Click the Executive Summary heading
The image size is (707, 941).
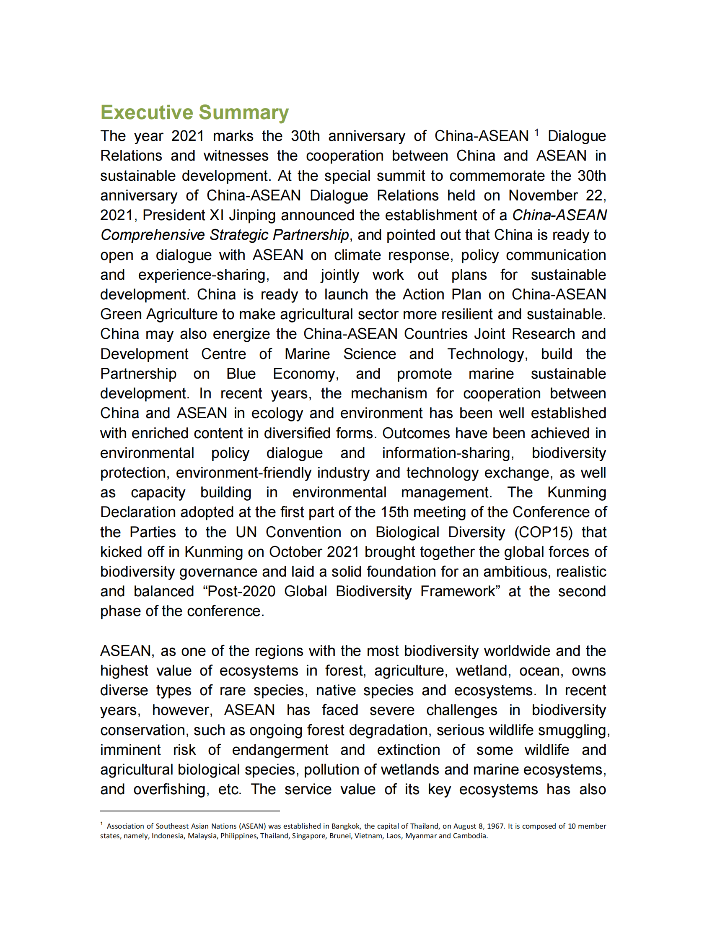194,112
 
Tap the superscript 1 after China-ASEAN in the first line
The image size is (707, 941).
536,133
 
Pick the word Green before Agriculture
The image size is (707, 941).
121,314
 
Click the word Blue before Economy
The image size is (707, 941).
241,374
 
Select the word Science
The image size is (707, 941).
369,354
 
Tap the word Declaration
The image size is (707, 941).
138,512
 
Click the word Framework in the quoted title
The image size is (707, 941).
458,591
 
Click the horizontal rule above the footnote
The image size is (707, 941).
189,811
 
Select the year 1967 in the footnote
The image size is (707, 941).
495,826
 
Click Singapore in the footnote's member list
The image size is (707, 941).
308,836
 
